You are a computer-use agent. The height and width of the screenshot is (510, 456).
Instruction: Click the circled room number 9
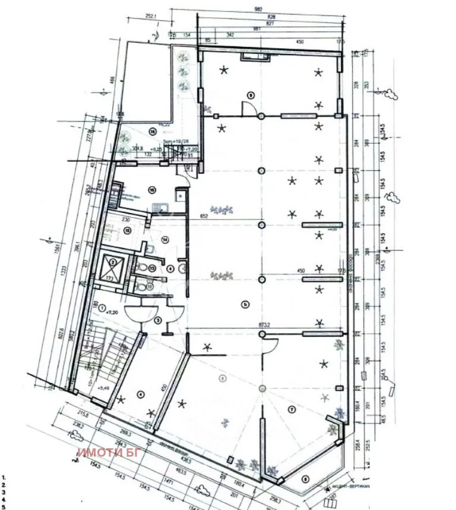[251, 94]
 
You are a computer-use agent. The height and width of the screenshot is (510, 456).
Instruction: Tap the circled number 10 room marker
[153, 190]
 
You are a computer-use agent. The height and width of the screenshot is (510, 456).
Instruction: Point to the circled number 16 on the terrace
[153, 131]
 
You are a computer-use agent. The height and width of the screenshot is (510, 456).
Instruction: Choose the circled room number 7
[292, 409]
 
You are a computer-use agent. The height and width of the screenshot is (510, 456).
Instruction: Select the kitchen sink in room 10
[160, 207]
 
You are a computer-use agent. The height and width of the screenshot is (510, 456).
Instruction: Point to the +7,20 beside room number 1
[112, 311]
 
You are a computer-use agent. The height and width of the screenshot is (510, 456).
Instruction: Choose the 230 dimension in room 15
[126, 219]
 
